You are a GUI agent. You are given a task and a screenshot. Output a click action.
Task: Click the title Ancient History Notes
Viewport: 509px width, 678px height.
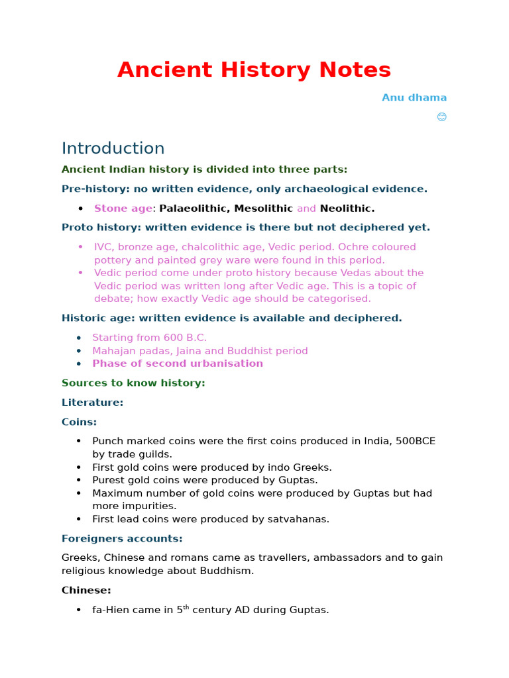pyautogui.click(x=254, y=70)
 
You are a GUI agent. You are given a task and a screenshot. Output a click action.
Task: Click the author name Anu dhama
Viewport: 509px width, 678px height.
pyautogui.click(x=414, y=97)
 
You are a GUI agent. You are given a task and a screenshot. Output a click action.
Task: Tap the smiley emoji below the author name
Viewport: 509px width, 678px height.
pyautogui.click(x=441, y=117)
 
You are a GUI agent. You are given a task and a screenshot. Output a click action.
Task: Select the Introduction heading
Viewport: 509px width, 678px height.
pyautogui.click(x=113, y=148)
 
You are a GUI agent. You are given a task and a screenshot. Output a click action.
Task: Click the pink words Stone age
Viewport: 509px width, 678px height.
pyautogui.click(x=123, y=209)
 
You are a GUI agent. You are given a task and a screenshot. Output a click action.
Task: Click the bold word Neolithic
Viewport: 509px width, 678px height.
pyautogui.click(x=347, y=209)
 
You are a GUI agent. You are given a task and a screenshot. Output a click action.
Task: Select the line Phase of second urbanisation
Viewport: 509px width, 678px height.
pyautogui.click(x=177, y=363)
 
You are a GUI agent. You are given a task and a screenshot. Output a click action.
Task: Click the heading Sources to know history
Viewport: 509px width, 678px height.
pyautogui.click(x=133, y=383)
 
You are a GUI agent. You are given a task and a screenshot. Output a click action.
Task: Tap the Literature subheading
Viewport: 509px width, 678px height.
pyautogui.click(x=92, y=403)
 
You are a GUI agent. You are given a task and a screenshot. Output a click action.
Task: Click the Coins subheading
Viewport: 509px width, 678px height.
pyautogui.click(x=79, y=422)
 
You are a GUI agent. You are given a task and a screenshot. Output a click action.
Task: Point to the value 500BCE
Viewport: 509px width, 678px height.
pyautogui.click(x=416, y=442)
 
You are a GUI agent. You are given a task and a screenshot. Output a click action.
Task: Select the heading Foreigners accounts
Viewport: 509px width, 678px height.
pyautogui.click(x=122, y=538)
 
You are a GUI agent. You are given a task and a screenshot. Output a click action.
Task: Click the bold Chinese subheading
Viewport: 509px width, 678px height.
pyautogui.click(x=86, y=590)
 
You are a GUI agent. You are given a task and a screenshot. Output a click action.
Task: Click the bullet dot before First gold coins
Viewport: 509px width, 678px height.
pyautogui.click(x=79, y=467)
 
